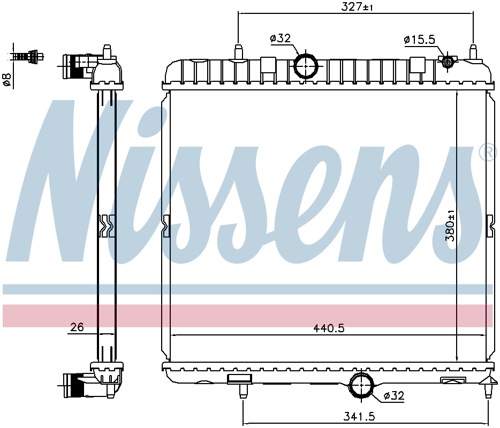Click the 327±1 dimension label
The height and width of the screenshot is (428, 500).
click(x=357, y=6)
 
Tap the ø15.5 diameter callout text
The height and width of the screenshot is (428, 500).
click(x=419, y=40)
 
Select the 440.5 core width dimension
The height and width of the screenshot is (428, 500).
click(x=329, y=328)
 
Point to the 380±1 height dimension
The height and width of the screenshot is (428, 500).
click(x=450, y=225)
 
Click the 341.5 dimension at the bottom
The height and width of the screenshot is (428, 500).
click(x=359, y=416)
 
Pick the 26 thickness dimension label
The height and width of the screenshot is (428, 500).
click(x=77, y=327)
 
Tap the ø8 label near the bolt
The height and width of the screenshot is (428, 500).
click(x=7, y=79)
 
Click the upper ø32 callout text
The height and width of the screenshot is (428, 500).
click(x=281, y=39)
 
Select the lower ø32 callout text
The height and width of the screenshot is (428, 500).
click(x=394, y=396)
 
